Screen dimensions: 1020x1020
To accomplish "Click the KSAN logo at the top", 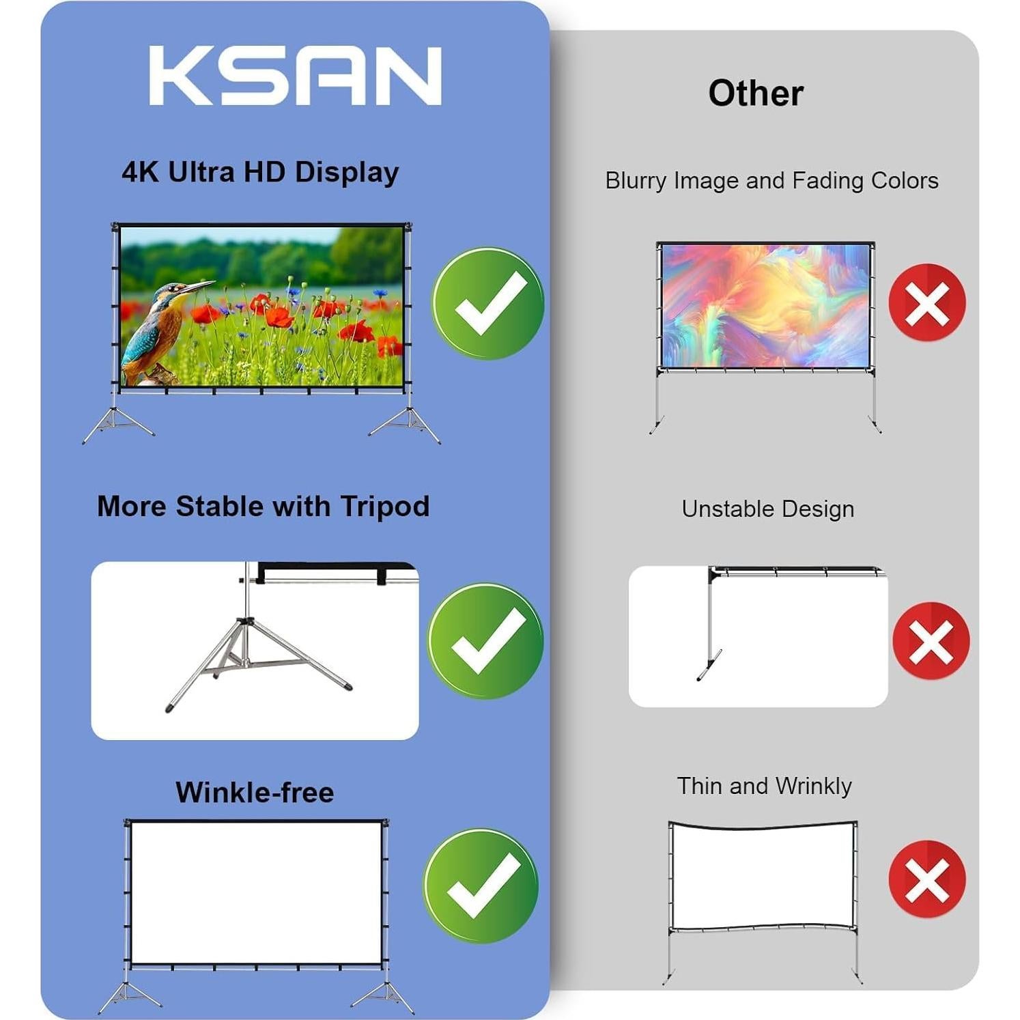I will tap(295, 76).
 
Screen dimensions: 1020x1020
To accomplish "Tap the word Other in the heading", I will tap(755, 93).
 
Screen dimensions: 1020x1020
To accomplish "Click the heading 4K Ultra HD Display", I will tap(260, 172).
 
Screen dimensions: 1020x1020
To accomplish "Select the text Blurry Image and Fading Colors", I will tap(771, 180).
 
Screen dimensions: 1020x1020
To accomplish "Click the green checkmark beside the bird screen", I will tap(487, 303).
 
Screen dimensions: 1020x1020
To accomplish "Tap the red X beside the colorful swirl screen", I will tap(927, 302).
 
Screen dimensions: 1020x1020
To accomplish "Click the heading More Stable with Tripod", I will tap(263, 507).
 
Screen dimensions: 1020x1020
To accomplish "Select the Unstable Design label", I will tap(767, 509).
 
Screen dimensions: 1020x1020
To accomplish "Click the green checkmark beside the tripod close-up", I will tap(485, 640).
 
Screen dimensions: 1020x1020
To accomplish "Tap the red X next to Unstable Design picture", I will tap(931, 640).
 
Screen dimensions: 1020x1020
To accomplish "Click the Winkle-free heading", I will tap(255, 792).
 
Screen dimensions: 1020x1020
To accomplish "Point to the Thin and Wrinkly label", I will tap(764, 786).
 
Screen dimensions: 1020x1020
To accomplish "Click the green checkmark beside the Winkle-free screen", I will tap(481, 886).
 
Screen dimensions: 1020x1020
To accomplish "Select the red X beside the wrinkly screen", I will tap(927, 879).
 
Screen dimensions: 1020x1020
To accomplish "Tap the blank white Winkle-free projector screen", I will tap(256, 892).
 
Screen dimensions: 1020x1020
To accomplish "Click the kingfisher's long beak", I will tap(199, 285).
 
